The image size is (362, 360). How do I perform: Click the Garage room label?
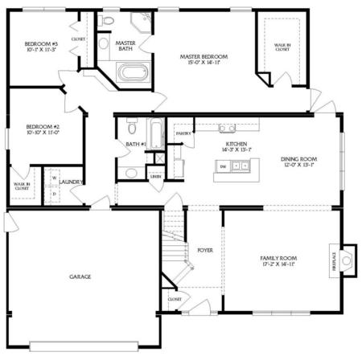80,276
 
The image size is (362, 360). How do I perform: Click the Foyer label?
205,250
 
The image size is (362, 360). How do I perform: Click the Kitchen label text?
237,146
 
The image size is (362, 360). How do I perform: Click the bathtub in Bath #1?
156,134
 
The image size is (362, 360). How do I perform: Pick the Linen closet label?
155,176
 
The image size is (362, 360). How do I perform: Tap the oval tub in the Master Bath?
131,74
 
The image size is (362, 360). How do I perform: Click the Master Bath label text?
125,47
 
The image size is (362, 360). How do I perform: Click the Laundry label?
71,182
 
